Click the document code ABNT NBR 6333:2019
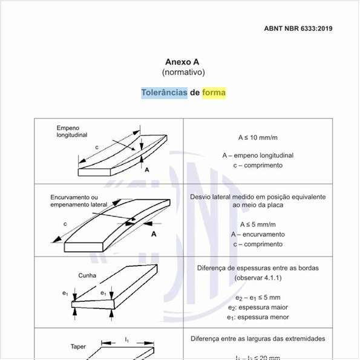pos(298,28)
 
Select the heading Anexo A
pos(182,62)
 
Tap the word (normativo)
pos(183,73)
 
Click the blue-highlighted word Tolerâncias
pos(164,93)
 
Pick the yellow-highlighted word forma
pos(214,93)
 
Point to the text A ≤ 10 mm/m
pos(257,138)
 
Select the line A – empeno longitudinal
pos(257,155)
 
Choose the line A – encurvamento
pos(257,234)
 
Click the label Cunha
pos(87,275)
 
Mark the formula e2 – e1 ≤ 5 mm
pos(258,298)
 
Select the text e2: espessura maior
pos(258,307)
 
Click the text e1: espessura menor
pos(258,317)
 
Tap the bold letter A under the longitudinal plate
pos(146,170)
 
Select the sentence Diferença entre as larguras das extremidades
pos(258,339)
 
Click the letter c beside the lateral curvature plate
pos(65,224)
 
